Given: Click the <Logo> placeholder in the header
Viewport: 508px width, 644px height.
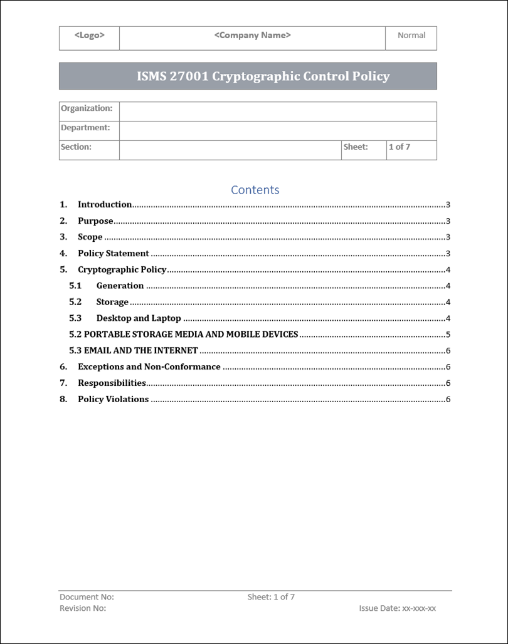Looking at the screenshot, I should click(x=89, y=36).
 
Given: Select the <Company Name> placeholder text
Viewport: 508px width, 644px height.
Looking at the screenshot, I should click(x=252, y=36).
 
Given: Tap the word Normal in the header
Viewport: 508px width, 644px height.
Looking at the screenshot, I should click(x=411, y=36).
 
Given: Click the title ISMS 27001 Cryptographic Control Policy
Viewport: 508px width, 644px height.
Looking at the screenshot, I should click(x=263, y=76).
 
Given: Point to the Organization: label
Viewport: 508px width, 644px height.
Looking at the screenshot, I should click(x=87, y=108).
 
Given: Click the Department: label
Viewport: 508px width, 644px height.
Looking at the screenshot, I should click(x=85, y=128).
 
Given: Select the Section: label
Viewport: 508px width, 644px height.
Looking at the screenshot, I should click(x=76, y=147).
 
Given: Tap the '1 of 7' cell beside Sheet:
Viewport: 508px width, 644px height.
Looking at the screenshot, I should click(x=400, y=147).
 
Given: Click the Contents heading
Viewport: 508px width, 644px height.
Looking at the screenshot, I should click(x=255, y=190).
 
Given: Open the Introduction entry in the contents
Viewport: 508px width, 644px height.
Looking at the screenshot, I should click(x=105, y=204).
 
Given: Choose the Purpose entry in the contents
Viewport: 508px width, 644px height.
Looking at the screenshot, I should click(x=95, y=221).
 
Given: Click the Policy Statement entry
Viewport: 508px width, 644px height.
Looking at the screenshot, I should click(x=114, y=254).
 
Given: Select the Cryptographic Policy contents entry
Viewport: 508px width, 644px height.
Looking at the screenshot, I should click(x=122, y=270).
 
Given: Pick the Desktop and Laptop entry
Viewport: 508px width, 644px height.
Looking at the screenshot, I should click(x=139, y=318).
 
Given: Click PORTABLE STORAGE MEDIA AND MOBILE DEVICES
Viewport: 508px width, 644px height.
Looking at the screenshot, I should click(x=191, y=335).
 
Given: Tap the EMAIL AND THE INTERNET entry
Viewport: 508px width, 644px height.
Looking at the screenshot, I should click(x=140, y=351).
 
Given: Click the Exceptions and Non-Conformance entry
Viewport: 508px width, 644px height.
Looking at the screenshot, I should click(x=149, y=367).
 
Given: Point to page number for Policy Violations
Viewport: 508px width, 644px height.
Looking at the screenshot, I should click(x=448, y=400).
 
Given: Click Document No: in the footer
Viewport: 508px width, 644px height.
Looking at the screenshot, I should click(x=87, y=598).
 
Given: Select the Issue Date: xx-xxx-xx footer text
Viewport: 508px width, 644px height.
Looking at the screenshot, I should click(x=397, y=608).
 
